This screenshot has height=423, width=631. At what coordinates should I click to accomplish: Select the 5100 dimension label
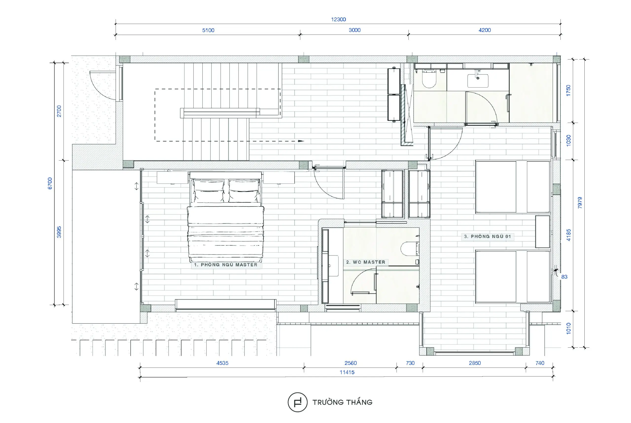tap(208, 30)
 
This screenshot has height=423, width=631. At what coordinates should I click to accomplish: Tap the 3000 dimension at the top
tap(354, 30)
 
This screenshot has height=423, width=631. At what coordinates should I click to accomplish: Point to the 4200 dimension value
tap(485, 30)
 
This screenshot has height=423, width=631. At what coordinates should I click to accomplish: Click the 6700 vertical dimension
tap(50, 183)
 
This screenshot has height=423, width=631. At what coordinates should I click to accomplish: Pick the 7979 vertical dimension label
tap(580, 203)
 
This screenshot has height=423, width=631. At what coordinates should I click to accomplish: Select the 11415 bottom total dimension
tap(347, 372)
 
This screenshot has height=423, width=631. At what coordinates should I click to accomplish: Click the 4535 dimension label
tap(222, 363)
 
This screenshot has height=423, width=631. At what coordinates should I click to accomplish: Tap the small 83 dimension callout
tap(564, 277)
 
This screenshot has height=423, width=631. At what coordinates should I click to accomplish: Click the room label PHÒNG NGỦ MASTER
tap(229, 265)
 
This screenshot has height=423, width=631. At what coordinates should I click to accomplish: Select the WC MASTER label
tap(369, 262)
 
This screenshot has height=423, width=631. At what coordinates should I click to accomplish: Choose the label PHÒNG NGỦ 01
tap(491, 236)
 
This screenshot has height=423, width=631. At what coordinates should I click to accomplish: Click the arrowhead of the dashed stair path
tap(301, 141)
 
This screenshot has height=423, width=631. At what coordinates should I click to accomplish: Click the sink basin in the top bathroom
tap(478, 81)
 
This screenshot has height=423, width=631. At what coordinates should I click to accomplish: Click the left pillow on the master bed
tap(209, 191)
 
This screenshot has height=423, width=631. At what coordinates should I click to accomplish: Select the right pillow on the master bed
tap(244, 191)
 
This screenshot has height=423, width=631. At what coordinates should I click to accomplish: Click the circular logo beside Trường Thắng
tap(297, 402)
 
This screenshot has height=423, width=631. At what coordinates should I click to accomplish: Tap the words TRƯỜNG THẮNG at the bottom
tap(342, 402)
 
